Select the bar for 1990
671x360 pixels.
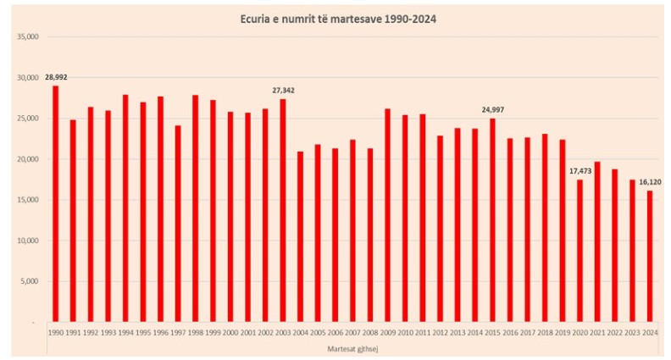(x=56, y=203)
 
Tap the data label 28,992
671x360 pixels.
(x=56, y=77)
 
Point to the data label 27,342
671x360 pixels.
(x=283, y=90)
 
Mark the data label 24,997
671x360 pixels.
(x=492, y=109)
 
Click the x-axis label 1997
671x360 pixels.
(x=178, y=333)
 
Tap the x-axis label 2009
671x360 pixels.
(x=387, y=333)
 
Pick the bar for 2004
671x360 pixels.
(x=300, y=236)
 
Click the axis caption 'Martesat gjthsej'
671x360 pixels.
(x=352, y=347)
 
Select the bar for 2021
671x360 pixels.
(x=597, y=241)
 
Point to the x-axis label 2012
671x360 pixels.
(x=440, y=333)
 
